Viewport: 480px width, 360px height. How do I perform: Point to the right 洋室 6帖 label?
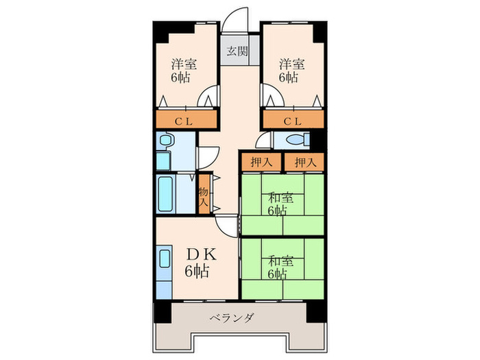(289, 71)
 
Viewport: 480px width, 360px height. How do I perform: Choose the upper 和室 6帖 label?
(280, 204)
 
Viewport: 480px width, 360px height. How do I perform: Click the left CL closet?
(182, 122)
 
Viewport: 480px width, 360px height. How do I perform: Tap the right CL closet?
(292, 122)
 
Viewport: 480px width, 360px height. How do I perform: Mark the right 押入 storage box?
(304, 163)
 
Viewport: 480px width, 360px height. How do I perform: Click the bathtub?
(165, 195)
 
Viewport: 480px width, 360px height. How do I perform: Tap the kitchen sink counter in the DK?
(165, 271)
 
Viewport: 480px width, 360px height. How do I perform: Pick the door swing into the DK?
(226, 226)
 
